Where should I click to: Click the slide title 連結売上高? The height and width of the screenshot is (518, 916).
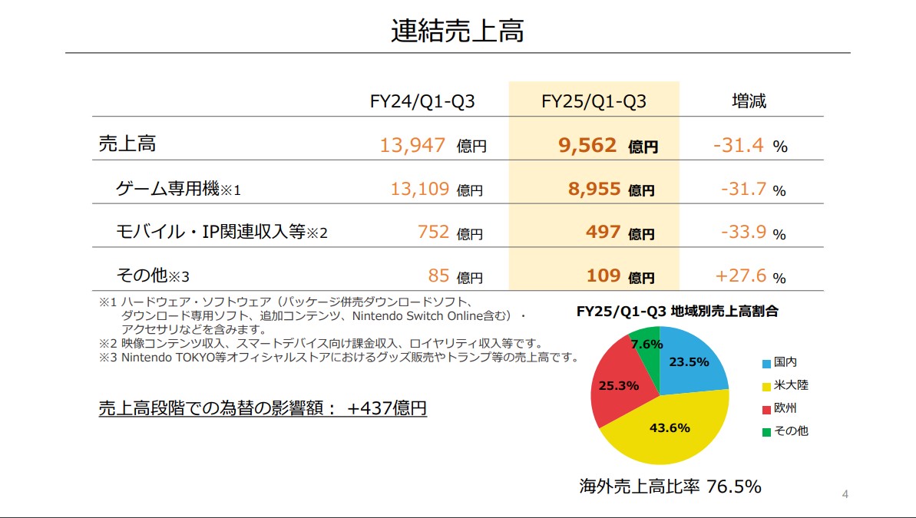[x=457, y=31]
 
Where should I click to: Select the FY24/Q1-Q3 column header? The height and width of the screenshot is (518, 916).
[x=422, y=101]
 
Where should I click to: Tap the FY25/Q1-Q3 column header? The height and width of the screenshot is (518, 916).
[x=594, y=101]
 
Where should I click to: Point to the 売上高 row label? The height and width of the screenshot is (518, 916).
[x=127, y=144]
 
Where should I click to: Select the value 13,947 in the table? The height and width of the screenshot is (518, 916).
[x=413, y=145]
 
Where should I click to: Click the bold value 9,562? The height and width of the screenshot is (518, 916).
[x=587, y=145]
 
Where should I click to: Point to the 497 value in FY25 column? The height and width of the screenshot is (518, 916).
[x=603, y=232]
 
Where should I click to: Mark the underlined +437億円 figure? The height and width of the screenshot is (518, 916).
[x=387, y=408]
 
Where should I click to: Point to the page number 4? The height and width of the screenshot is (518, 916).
[x=845, y=494]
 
